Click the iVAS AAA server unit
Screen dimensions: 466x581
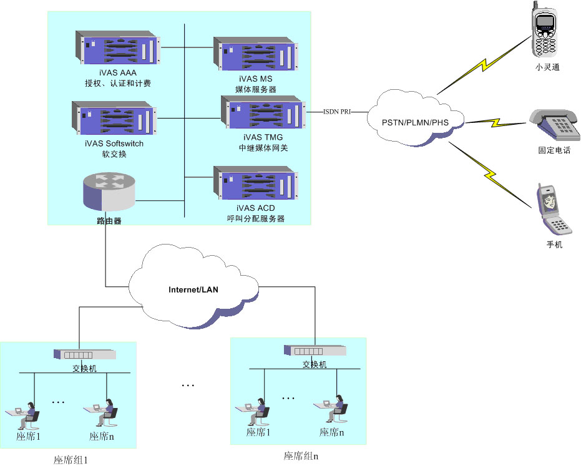coord(119,48)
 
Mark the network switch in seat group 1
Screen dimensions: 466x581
coord(85,354)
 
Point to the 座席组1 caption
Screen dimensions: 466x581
coord(71,460)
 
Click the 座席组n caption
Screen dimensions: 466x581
coord(301,456)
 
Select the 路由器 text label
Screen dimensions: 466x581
coord(104,221)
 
